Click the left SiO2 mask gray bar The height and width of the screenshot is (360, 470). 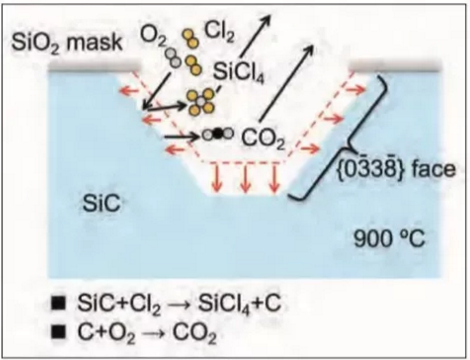[x=94, y=69]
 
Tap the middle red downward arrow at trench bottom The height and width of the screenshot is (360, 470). [x=245, y=178]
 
